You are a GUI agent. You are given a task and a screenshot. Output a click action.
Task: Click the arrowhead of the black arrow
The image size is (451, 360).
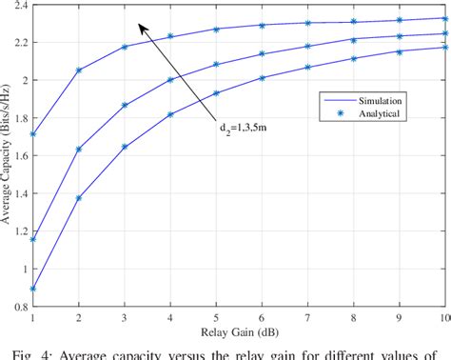coord(140,27)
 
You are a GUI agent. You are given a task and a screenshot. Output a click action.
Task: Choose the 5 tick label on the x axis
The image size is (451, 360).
coord(216,318)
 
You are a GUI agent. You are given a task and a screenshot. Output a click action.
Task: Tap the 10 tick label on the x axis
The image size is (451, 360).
coord(442,318)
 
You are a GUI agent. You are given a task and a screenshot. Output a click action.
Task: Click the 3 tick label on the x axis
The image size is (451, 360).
coord(126,318)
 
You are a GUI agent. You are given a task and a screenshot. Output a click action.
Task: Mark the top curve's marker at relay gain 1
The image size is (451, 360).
coord(34,134)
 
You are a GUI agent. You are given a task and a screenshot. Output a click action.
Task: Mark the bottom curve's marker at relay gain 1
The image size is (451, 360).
coord(34,289)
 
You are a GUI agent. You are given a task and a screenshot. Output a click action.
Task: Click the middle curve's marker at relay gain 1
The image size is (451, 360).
coord(34,239)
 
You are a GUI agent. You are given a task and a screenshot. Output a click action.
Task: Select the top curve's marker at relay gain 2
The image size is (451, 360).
coord(80,70)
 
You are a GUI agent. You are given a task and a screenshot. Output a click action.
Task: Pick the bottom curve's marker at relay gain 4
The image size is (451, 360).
coord(171,114)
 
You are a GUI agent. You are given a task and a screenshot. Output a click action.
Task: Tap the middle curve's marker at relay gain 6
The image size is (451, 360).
coord(263,54)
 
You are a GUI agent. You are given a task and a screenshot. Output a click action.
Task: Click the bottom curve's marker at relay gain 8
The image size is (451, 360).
coord(354,58)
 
